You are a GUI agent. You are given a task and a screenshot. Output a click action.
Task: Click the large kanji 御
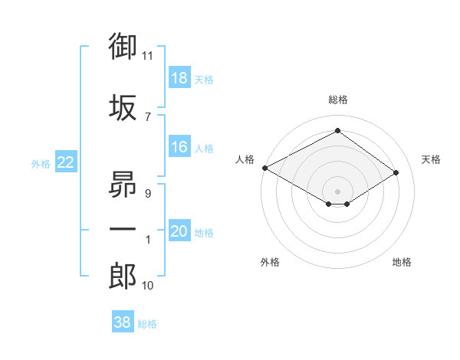[x=123, y=46]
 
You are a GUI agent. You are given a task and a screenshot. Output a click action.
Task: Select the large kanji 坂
[x=123, y=107]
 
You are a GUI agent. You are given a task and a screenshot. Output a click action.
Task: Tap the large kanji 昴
[x=123, y=184]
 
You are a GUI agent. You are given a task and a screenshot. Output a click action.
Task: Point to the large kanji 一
[x=123, y=229]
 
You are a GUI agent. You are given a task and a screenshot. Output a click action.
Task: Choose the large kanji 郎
[x=123, y=276]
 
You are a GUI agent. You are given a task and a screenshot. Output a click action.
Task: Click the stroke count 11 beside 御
[x=147, y=56]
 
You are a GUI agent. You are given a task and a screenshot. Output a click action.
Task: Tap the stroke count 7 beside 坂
[x=148, y=117]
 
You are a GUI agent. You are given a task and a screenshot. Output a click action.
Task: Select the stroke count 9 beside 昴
[x=148, y=194]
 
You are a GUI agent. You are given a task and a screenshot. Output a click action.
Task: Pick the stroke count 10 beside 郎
[x=147, y=285]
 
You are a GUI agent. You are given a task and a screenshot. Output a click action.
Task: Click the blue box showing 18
[x=179, y=77]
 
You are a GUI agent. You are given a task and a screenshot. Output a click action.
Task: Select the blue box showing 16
[x=179, y=146]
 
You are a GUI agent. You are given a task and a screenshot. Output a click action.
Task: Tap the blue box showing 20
[x=179, y=230]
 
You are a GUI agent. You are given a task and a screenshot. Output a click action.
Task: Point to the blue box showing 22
[x=66, y=162]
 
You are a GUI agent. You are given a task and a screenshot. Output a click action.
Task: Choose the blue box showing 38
[x=123, y=321]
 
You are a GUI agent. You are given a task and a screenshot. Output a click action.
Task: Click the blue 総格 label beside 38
[x=147, y=324]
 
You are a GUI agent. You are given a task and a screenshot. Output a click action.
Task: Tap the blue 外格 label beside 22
[x=41, y=164]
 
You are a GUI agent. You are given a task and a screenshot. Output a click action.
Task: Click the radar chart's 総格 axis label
[x=338, y=100]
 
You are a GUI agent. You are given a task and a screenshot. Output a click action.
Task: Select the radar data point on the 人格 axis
[x=265, y=168]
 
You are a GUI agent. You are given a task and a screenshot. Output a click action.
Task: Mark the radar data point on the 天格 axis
[x=396, y=172]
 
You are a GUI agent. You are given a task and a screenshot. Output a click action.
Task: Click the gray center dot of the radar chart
[x=337, y=191]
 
